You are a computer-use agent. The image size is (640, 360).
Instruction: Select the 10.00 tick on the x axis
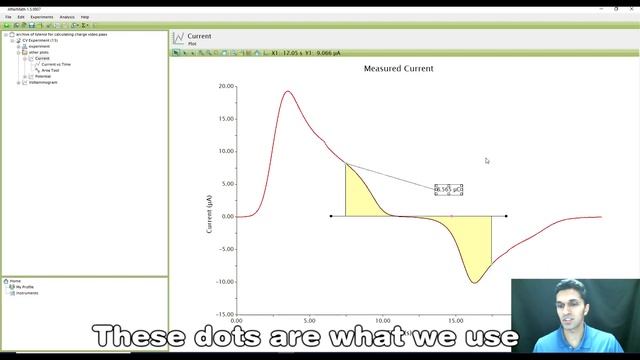383,322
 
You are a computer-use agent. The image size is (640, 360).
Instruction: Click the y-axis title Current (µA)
209,215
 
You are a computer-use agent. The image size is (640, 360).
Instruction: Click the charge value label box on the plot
449,189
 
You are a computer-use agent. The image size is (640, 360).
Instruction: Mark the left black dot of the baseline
331,216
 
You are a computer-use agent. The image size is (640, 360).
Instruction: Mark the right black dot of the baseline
506,216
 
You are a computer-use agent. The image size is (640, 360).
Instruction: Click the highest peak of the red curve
288,92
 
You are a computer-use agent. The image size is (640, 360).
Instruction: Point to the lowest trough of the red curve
474,282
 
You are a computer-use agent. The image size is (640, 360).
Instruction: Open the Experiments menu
41,17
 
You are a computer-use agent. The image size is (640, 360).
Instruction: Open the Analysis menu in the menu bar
67,17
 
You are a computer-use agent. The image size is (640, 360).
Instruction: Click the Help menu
85,17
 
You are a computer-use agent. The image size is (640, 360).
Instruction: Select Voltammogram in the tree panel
43,82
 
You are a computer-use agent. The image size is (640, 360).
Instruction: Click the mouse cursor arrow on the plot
487,160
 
